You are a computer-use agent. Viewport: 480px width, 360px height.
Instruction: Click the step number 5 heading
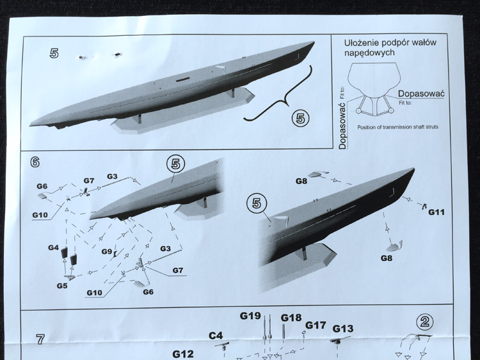click(x=54, y=53)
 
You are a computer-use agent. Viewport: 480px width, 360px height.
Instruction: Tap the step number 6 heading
click(x=35, y=162)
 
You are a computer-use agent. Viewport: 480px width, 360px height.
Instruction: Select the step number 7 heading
click(x=40, y=339)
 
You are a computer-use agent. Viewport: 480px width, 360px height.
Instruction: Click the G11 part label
click(x=436, y=212)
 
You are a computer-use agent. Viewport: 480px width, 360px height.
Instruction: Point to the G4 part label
click(x=53, y=247)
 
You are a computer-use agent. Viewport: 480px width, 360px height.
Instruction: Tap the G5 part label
click(x=62, y=286)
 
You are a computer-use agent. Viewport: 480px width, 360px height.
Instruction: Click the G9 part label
click(x=106, y=251)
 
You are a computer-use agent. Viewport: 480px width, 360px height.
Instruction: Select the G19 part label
click(x=250, y=316)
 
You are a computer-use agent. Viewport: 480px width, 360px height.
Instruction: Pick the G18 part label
click(x=291, y=318)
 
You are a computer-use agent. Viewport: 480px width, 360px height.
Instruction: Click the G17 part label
click(x=316, y=325)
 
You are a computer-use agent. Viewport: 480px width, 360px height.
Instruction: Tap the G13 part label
click(x=343, y=329)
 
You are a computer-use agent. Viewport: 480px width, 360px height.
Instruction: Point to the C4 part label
click(x=216, y=336)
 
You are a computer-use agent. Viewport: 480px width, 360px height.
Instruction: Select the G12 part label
click(x=183, y=354)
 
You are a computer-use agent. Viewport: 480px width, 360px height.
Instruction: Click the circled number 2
click(x=425, y=322)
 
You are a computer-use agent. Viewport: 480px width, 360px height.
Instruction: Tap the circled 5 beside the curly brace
click(x=300, y=118)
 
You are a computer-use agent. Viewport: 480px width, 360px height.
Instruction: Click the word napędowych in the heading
click(x=369, y=52)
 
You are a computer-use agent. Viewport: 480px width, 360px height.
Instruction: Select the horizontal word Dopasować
click(x=421, y=93)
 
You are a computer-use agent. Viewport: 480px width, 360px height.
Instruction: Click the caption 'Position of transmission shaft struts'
click(x=397, y=127)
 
